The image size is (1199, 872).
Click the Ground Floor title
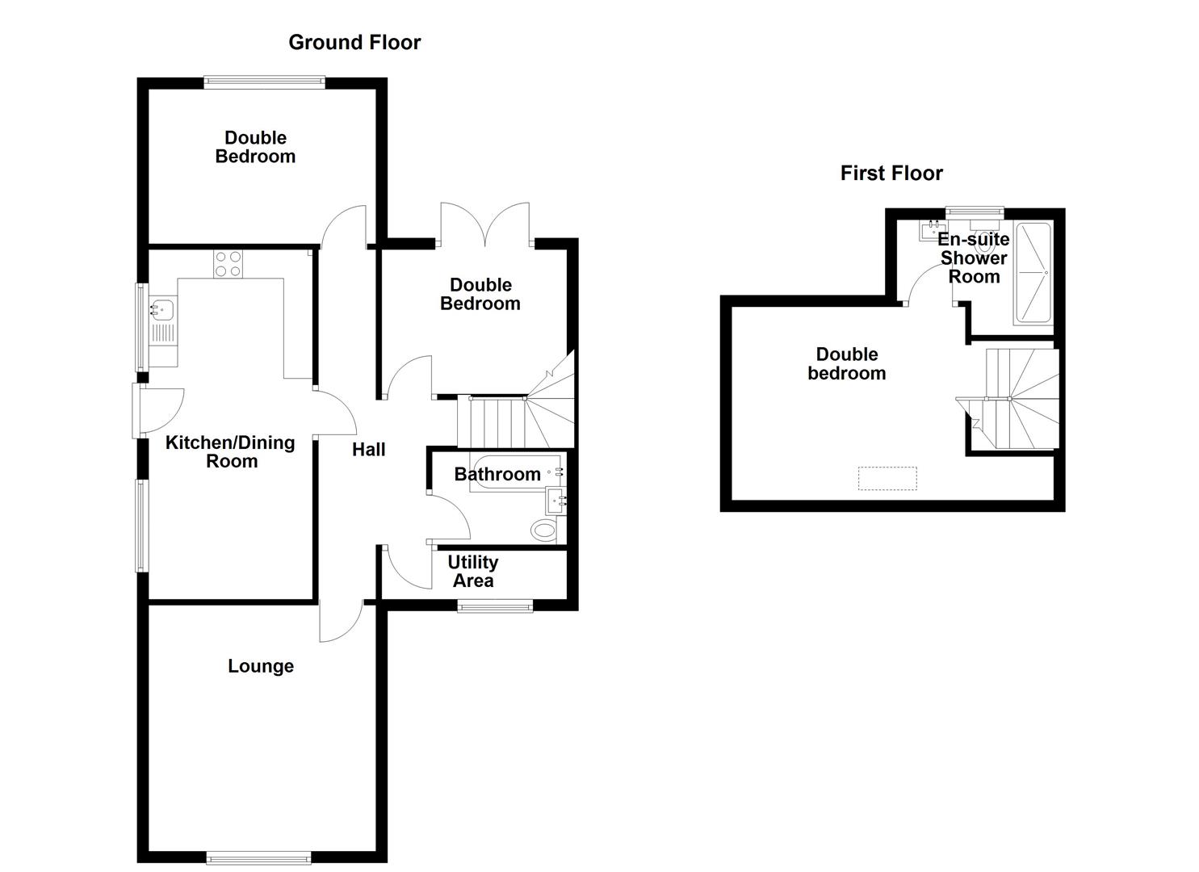(354, 43)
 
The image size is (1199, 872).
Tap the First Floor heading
(891, 174)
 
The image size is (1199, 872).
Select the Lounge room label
(260, 666)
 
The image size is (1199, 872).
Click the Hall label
(368, 450)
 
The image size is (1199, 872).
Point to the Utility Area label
(472, 572)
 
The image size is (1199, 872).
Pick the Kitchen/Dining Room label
(230, 452)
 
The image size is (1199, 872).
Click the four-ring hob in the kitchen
(228, 264)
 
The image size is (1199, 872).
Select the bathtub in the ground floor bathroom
(515, 473)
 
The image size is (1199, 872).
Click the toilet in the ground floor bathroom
(546, 530)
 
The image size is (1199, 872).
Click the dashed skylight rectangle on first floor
(887, 479)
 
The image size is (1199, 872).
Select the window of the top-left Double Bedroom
(264, 81)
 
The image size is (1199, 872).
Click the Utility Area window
(495, 606)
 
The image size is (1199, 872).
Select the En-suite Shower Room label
(974, 258)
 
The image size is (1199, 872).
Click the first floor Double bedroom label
(846, 364)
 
